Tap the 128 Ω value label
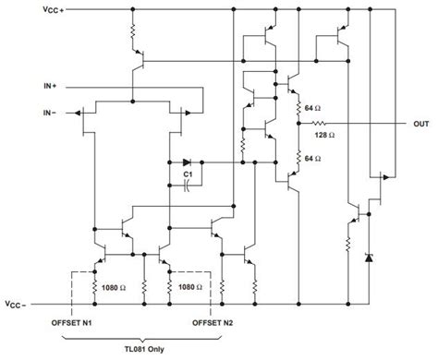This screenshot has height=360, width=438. pos(326,135)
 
